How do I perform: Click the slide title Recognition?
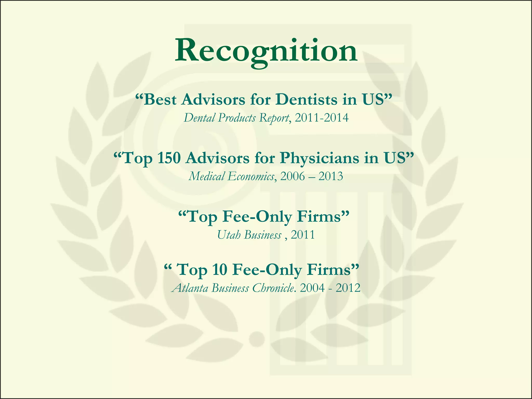click(266, 51)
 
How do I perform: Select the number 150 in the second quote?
click(169, 158)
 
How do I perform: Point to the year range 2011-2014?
click(322, 118)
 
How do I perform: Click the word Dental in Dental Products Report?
click(199, 118)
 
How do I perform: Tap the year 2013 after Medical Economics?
click(331, 176)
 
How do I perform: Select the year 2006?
click(292, 176)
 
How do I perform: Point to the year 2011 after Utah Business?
click(303, 235)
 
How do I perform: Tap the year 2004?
click(312, 288)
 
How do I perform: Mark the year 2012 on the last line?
click(348, 288)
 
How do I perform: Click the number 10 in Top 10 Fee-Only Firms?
click(220, 270)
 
